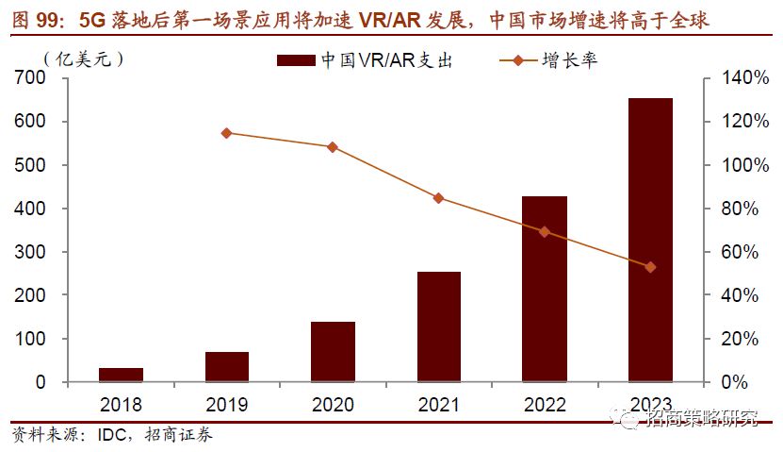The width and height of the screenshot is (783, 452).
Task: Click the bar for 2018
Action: tap(121, 375)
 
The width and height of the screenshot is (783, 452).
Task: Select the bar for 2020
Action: tap(333, 352)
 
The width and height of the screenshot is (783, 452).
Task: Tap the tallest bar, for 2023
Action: tap(650, 240)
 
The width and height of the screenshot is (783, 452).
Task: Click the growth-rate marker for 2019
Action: tap(226, 133)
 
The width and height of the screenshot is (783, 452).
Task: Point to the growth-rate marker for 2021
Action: tap(438, 198)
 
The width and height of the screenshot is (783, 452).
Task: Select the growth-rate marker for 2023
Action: tap(650, 267)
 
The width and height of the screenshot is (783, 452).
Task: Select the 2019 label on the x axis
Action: tap(226, 405)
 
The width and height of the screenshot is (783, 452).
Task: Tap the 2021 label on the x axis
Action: tap(438, 405)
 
